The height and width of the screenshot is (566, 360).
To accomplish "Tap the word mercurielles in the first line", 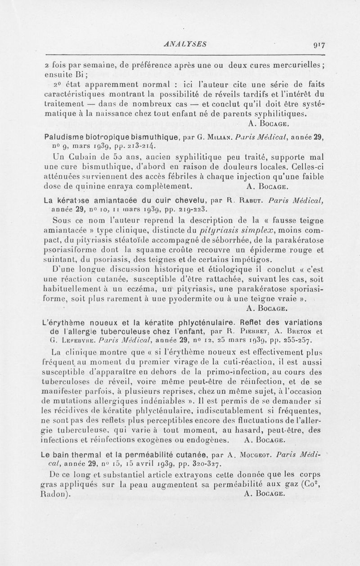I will pyautogui.click(x=297, y=63).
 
